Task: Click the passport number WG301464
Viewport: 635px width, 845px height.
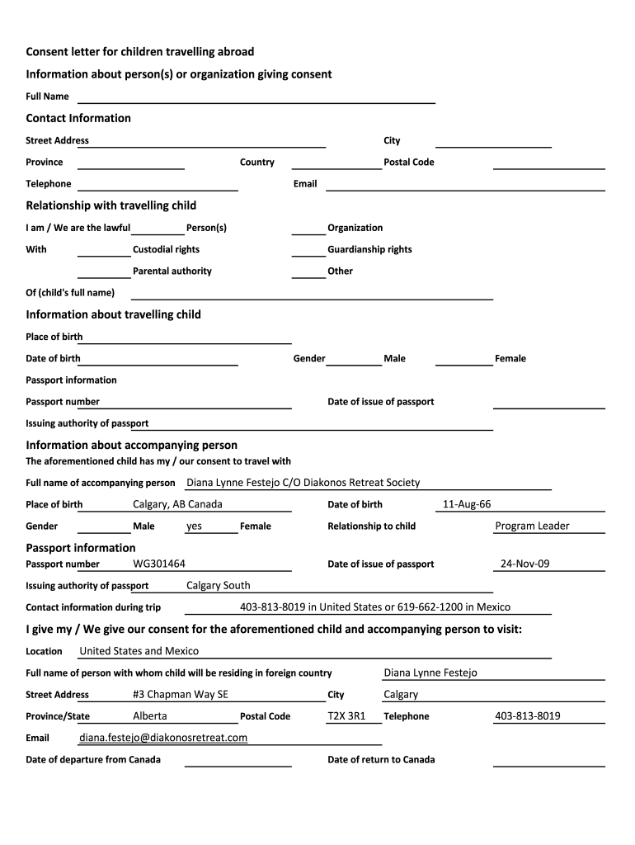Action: click(x=159, y=564)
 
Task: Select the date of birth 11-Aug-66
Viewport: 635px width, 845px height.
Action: click(x=467, y=504)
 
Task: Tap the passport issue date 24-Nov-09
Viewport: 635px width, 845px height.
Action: click(x=524, y=564)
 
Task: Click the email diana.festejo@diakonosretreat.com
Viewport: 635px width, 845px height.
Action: click(x=163, y=738)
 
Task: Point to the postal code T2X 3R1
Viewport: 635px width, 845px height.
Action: click(x=346, y=716)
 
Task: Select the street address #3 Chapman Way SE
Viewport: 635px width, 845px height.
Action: click(x=181, y=694)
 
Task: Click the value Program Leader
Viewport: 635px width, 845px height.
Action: click(x=532, y=526)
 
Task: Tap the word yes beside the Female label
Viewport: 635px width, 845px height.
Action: click(x=194, y=526)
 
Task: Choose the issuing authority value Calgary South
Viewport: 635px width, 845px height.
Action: click(x=219, y=586)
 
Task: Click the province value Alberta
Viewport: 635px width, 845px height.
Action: click(x=149, y=716)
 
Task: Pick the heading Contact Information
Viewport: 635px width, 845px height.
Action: click(x=78, y=118)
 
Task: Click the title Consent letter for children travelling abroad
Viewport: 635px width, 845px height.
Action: click(x=140, y=52)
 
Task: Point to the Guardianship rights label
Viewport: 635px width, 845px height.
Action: click(x=369, y=249)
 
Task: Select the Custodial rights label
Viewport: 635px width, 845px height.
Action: click(x=166, y=249)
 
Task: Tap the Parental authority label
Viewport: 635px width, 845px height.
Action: click(x=172, y=271)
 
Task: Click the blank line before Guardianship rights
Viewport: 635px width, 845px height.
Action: click(x=308, y=253)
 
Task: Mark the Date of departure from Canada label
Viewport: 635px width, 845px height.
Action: click(x=93, y=759)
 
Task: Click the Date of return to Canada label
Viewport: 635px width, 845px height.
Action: click(x=381, y=759)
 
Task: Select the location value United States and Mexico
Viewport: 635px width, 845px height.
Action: click(x=139, y=651)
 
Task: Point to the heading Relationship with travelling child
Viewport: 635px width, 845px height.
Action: click(x=111, y=205)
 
